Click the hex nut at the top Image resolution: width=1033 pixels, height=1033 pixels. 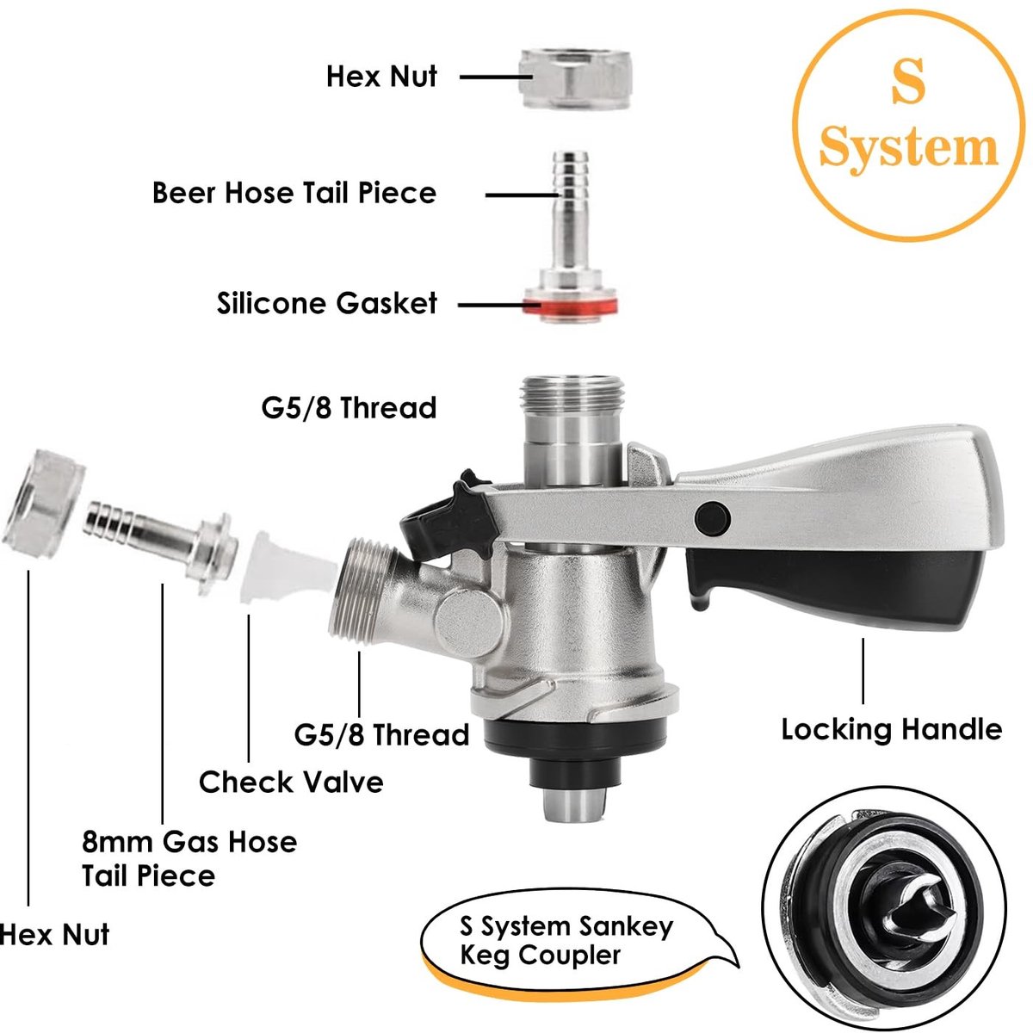pyautogui.click(x=575, y=79)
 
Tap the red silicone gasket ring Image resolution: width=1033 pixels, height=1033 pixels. pyautogui.click(x=571, y=306)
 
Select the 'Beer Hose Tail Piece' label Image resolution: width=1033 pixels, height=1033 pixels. pyautogui.click(x=294, y=193)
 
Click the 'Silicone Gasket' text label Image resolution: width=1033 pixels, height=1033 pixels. pyautogui.click(x=327, y=303)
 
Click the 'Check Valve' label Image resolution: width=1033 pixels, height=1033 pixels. pyautogui.click(x=291, y=782)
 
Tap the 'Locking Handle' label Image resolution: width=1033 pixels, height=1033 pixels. pyautogui.click(x=892, y=730)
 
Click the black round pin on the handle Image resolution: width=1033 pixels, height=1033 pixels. pyautogui.click(x=713, y=519)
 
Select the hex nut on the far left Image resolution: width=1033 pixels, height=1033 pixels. pyautogui.click(x=43, y=504)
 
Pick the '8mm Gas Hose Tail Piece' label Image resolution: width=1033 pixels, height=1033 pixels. pyautogui.click(x=189, y=859)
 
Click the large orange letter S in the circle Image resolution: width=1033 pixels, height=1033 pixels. pyautogui.click(x=908, y=82)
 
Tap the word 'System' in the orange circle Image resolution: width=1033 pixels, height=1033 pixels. pyautogui.click(x=909, y=147)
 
